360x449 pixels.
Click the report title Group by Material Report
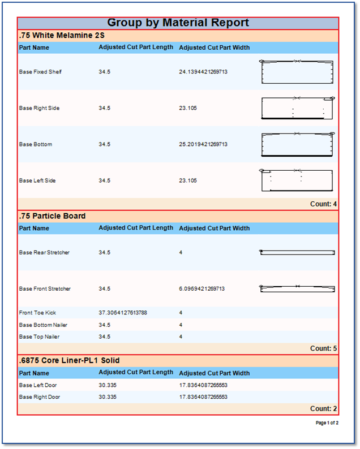tap(178, 23)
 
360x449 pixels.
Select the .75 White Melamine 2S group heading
tap(62, 35)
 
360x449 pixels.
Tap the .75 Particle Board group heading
tap(53, 216)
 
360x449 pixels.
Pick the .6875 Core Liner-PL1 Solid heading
tap(70, 360)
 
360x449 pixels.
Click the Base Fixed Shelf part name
tap(40, 72)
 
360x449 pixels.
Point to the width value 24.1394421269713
tap(203, 72)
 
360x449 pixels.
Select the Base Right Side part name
tap(39, 108)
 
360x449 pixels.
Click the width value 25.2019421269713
tap(203, 144)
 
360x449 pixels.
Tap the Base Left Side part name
tap(37, 180)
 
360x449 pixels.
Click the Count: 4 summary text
tap(323, 204)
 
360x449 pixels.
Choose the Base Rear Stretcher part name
tap(44, 252)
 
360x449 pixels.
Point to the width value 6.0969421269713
tap(202, 288)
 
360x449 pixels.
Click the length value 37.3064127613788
tap(123, 313)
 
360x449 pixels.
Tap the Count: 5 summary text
tap(323, 348)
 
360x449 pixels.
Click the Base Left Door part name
tap(38, 385)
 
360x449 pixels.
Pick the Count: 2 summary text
tap(323, 408)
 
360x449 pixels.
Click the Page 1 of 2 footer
tap(327, 423)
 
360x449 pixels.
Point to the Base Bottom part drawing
tap(297, 144)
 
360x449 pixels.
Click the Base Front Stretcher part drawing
tap(297, 288)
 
